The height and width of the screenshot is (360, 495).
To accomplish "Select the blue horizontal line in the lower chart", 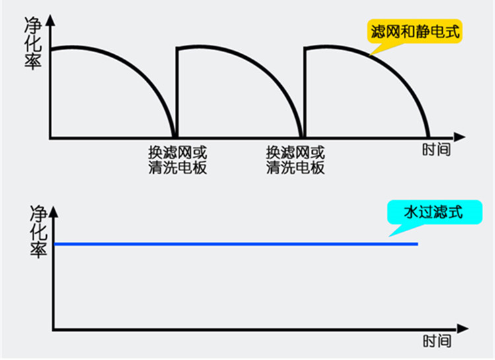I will coord(238,244).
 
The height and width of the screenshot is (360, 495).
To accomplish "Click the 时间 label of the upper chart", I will coord(436,150).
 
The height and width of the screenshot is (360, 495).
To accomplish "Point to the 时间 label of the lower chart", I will coord(436,342).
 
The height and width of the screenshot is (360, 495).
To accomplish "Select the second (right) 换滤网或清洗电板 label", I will coord(296,159).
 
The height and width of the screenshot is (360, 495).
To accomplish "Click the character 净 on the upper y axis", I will coord(34,26).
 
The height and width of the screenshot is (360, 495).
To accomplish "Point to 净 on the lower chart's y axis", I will coord(39,214).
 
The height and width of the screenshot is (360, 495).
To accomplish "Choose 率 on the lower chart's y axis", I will coord(39,250).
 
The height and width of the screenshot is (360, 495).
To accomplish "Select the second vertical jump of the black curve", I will coord(304,92).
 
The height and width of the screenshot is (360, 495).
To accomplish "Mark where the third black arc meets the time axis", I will coord(429,137).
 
